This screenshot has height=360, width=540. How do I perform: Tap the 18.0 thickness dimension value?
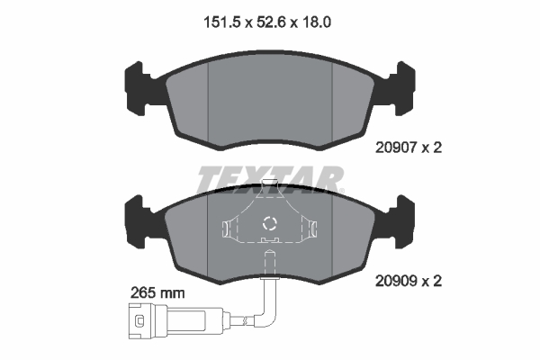(x=316, y=22)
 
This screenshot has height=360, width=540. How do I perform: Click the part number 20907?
(x=396, y=148)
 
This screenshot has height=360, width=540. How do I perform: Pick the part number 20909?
(x=396, y=281)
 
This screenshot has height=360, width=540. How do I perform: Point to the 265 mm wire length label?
(x=157, y=293)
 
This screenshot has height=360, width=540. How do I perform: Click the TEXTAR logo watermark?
(x=270, y=180)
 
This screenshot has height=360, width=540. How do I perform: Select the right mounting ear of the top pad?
(x=403, y=88)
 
